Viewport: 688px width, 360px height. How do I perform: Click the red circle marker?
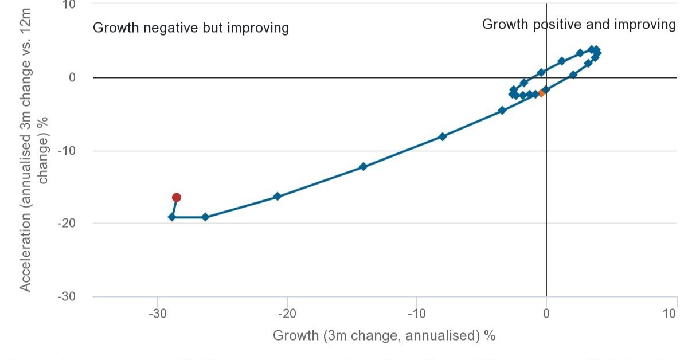coord(177,197)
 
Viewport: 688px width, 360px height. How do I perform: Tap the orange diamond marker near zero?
coord(541,93)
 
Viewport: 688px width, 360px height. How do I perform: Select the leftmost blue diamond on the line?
coord(172,217)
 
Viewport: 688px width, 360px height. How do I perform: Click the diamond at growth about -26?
coord(205,217)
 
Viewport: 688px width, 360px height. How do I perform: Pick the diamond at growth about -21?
coord(277,196)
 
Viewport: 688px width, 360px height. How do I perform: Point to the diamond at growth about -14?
coord(363,167)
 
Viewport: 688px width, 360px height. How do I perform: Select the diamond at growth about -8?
coord(443,136)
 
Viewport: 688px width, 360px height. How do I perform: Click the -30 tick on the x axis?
coord(157,314)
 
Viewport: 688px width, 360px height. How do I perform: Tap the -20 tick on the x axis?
coord(287,314)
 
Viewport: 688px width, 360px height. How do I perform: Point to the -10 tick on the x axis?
coord(416,314)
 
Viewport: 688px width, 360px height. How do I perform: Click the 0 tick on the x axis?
coord(546,314)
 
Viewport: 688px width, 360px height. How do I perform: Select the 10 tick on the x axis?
coord(670,314)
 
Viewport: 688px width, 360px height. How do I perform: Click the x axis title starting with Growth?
coord(384,335)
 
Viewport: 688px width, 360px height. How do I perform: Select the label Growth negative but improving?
coord(191,28)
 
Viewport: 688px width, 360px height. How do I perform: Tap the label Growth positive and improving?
coord(579,24)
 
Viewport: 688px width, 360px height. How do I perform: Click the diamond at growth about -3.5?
coord(502,110)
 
